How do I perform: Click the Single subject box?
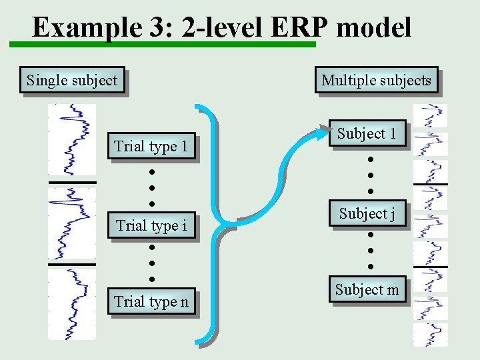[x=72, y=81]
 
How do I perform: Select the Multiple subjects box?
[x=376, y=81]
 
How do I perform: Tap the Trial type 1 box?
[x=151, y=146]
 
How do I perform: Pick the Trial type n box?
[x=151, y=301]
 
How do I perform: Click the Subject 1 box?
[x=367, y=134]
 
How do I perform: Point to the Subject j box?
[x=367, y=214]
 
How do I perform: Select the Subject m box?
[x=367, y=289]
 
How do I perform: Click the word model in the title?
[x=374, y=28]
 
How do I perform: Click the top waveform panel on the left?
[x=72, y=141]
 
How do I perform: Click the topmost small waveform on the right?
[x=431, y=115]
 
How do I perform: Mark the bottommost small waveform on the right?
[x=431, y=334]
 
